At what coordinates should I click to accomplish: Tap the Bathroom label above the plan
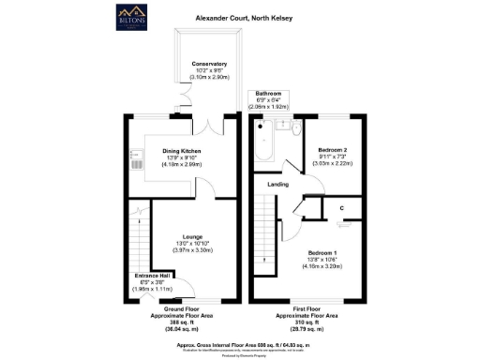[270, 94]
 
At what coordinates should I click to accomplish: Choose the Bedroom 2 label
[332, 150]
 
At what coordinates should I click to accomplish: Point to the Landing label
[277, 185]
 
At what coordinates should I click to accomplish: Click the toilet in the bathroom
[293, 128]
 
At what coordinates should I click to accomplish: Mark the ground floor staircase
[139, 230]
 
